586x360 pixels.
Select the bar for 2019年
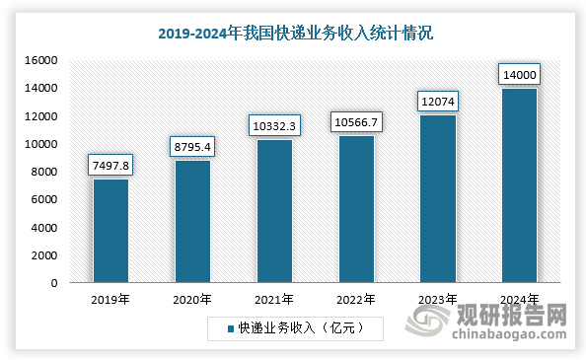coord(110,231)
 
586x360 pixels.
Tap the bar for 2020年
coord(192,222)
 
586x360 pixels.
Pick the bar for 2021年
coord(274,211)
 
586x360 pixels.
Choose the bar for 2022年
coord(356,209)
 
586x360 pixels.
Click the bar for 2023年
coord(438,199)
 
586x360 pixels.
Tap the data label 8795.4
coord(192,146)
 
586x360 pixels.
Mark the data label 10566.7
coord(356,121)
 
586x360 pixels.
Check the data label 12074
coord(438,101)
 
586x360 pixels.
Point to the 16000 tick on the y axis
coord(44,61)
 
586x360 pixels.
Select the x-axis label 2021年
coord(274,299)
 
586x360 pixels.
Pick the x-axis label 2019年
coord(110,299)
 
